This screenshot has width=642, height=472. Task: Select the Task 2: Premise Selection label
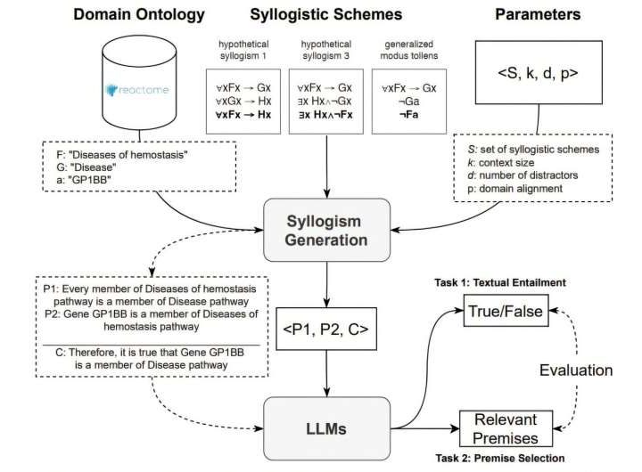(504, 458)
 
